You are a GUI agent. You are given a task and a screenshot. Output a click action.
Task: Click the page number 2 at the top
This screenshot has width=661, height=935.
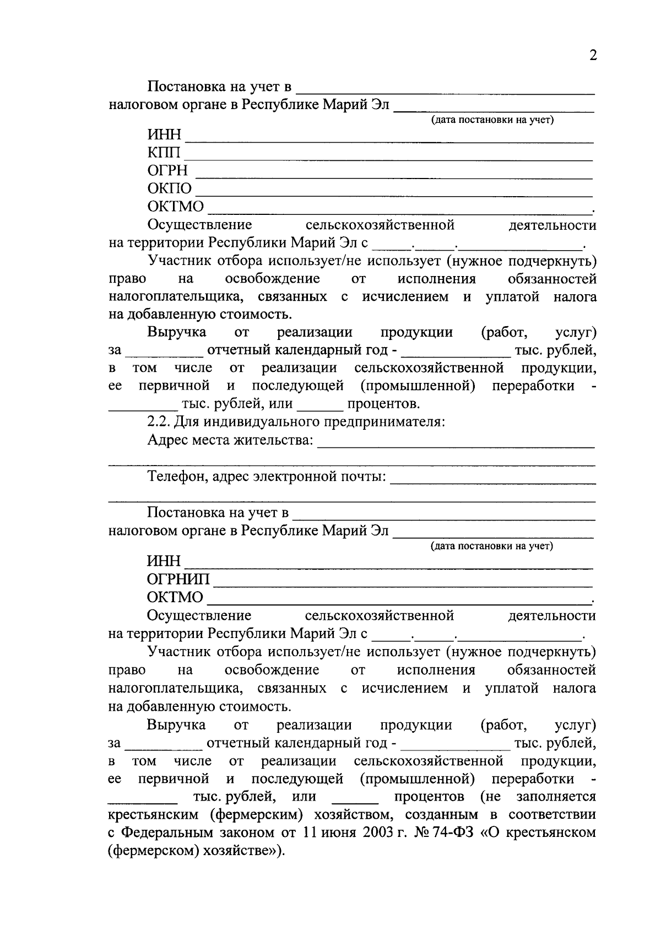593,56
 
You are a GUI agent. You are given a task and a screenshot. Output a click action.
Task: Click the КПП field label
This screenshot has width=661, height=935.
164,153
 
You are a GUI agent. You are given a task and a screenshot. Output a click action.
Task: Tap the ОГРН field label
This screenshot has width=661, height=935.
167,171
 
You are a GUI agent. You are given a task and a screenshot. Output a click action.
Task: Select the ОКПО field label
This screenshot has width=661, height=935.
170,189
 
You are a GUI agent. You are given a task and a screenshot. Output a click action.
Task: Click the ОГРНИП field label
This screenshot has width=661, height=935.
178,580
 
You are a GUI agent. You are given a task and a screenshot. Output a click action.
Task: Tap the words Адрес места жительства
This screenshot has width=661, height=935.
230,440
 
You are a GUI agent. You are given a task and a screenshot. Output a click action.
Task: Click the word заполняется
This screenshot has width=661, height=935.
556,797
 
